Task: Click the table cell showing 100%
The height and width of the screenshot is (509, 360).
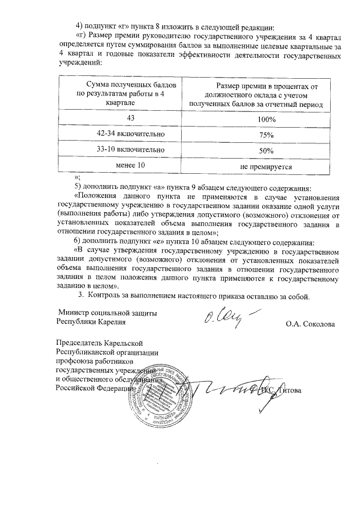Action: [263, 119]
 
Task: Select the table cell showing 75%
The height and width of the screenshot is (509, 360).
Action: [263, 135]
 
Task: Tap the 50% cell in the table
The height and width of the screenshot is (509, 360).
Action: [263, 151]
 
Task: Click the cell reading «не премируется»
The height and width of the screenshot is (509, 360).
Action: [263, 166]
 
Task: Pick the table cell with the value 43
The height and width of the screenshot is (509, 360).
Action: [131, 118]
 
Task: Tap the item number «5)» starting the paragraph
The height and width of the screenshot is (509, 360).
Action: [79, 187]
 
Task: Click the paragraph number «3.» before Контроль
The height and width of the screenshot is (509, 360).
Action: [81, 295]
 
